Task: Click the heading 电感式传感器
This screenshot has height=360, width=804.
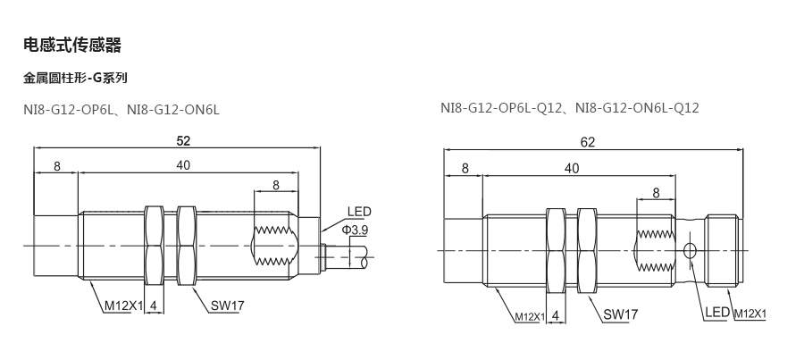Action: pyautogui.click(x=72, y=46)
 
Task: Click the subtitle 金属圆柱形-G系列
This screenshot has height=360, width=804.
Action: pyautogui.click(x=75, y=78)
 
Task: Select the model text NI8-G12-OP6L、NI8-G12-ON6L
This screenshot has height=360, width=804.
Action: pyautogui.click(x=121, y=110)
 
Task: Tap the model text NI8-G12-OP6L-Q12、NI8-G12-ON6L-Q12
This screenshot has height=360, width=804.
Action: pyautogui.click(x=570, y=108)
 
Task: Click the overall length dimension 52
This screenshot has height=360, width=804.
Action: pyautogui.click(x=183, y=141)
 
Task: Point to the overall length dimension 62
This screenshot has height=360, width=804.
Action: pyautogui.click(x=588, y=143)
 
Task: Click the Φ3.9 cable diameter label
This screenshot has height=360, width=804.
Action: pyautogui.click(x=356, y=230)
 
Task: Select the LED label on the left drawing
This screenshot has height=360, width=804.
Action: pyautogui.click(x=359, y=212)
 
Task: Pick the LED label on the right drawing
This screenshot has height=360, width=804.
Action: pyautogui.click(x=717, y=313)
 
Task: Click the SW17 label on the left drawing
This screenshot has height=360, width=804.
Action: pyautogui.click(x=227, y=306)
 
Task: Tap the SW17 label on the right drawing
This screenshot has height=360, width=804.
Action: pyautogui.click(x=621, y=314)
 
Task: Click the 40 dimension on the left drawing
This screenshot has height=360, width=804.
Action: pyautogui.click(x=183, y=165)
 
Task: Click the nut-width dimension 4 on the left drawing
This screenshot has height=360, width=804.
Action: pyautogui.click(x=154, y=306)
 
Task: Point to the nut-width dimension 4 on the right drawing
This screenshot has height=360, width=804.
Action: pyautogui.click(x=556, y=316)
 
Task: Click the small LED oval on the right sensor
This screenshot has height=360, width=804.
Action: pyautogui.click(x=691, y=251)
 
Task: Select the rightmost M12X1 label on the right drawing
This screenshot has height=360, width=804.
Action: pyautogui.click(x=750, y=314)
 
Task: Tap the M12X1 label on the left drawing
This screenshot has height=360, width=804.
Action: pyautogui.click(x=123, y=306)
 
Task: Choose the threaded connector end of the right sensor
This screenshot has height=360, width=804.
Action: pyautogui.click(x=723, y=251)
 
